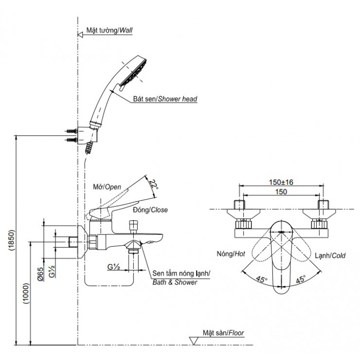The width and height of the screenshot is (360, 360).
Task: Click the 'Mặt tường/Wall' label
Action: click(x=109, y=30)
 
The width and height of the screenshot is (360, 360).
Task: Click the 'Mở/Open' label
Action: click(x=106, y=186)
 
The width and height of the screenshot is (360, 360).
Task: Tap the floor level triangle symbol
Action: click(x=193, y=341)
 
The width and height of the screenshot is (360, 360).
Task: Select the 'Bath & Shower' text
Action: click(x=175, y=282)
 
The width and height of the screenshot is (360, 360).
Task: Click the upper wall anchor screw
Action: click(x=71, y=131)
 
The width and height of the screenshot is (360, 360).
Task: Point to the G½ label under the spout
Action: click(x=115, y=266)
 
